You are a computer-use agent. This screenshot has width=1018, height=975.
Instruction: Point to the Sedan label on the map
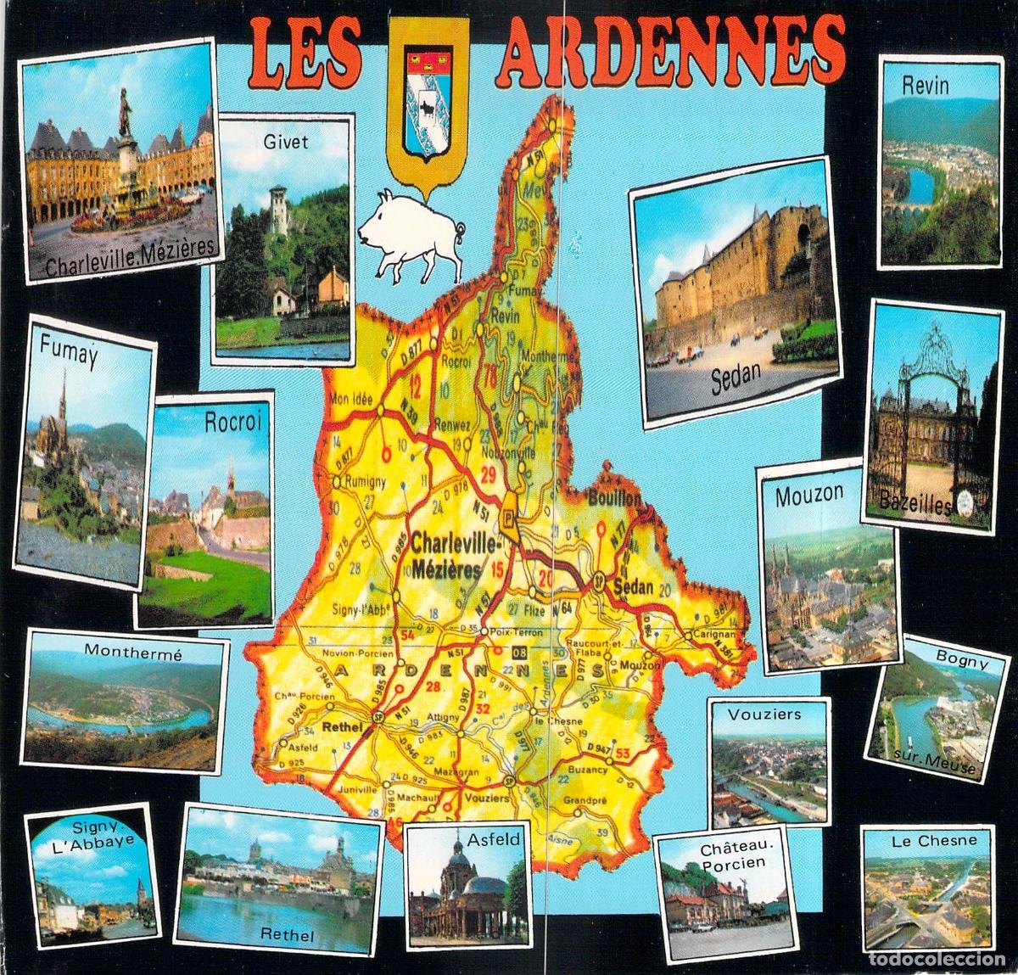(633, 587)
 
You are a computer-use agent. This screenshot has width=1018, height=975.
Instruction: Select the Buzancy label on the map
(588, 770)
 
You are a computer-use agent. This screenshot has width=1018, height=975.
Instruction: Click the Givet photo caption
(286, 142)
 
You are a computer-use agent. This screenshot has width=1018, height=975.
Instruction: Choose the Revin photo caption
(926, 86)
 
